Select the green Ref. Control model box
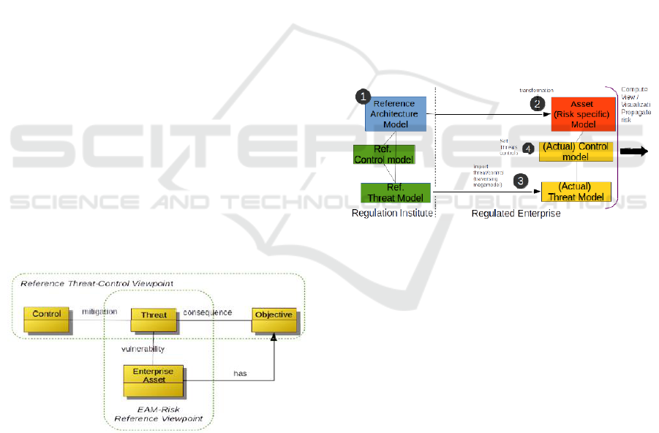pyautogui.click(x=384, y=154)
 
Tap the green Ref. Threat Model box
pyautogui.click(x=390, y=192)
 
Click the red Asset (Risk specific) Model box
pyautogui.click(x=583, y=113)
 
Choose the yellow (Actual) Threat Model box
pyautogui.click(x=575, y=191)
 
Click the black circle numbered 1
pyautogui.click(x=362, y=97)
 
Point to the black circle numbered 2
pyautogui.click(x=539, y=103)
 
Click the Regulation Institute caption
pyautogui.click(x=393, y=214)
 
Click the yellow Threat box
pyautogui.click(x=154, y=315)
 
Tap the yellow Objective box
pyautogui.click(x=273, y=315)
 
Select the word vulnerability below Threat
pyautogui.click(x=143, y=350)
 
